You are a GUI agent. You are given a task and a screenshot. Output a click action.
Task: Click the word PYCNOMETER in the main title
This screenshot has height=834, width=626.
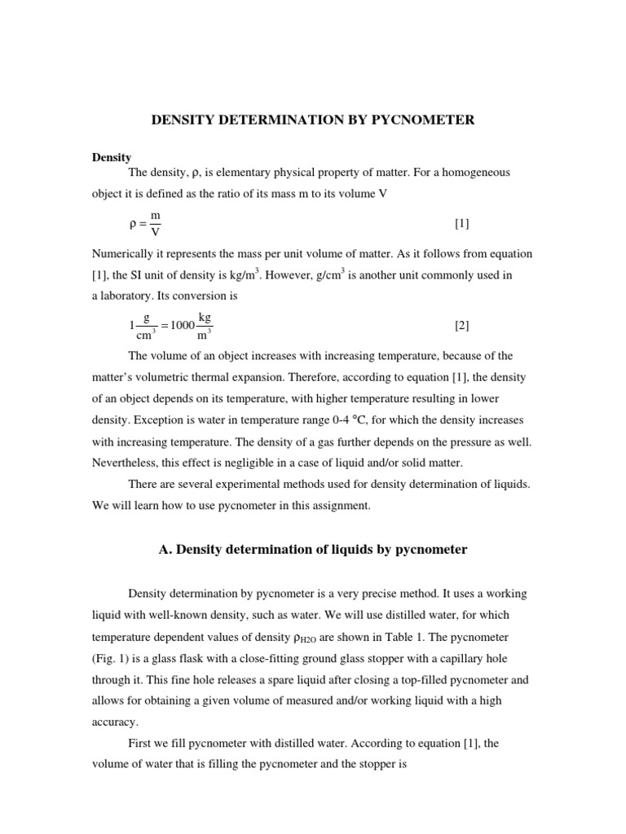(x=429, y=121)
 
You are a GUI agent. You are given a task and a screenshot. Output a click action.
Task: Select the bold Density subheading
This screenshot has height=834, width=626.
(x=112, y=157)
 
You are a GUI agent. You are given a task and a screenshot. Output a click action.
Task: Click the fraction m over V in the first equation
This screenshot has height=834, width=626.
(x=156, y=223)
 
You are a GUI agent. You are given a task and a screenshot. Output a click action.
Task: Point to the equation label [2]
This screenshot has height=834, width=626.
(x=461, y=326)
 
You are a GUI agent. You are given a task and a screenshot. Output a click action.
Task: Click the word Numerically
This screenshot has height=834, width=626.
(x=126, y=253)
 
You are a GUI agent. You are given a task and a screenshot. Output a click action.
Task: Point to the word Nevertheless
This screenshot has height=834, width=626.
(x=126, y=463)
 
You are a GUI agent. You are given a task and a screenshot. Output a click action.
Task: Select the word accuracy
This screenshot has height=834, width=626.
(x=115, y=721)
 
